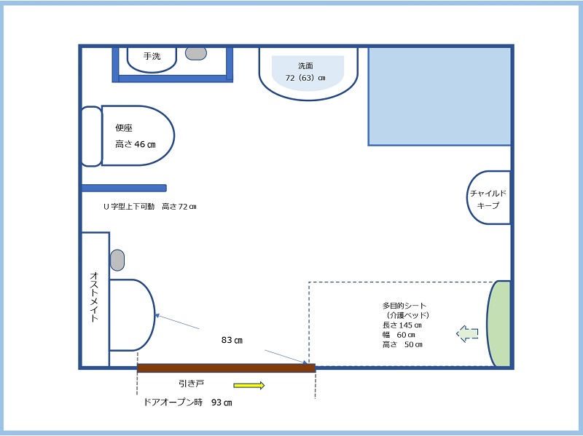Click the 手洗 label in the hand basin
tap(152, 56)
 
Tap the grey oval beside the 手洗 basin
tap(196, 53)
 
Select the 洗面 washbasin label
tap(305, 66)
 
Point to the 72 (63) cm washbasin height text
tap(305, 78)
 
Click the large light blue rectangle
tap(439, 96)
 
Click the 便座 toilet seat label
tap(124, 128)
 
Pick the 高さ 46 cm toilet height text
tap(136, 144)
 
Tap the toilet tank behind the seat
tap(91, 136)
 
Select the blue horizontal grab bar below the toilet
tap(124, 188)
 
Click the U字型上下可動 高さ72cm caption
tap(150, 207)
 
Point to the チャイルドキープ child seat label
tap(488, 199)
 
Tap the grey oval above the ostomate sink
tap(117, 260)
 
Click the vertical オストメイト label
tap(95, 297)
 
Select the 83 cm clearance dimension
tap(232, 340)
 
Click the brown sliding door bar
tap(227, 368)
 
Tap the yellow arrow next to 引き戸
tap(249, 386)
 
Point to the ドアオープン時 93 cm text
tap(188, 403)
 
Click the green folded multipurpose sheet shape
tap(498, 324)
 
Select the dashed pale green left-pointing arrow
tap(467, 333)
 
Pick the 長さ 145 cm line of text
tap(402, 325)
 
